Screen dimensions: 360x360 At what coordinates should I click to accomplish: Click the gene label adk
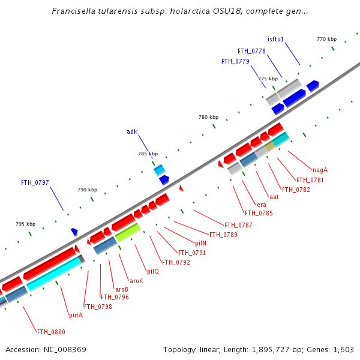pos(132,131)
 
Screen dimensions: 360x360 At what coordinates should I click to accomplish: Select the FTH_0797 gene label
pos(35,182)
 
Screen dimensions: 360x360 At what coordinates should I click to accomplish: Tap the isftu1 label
pos(275,40)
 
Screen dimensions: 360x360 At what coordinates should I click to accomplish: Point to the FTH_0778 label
pos(251,51)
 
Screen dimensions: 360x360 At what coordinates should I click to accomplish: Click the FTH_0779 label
pos(235,61)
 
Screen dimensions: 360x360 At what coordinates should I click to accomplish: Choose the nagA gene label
pos(320,170)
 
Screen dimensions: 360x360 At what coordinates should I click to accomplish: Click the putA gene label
pos(76,315)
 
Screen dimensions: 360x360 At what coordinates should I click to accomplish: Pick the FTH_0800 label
pos(51,332)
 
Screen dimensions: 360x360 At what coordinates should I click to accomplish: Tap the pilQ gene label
pos(153,271)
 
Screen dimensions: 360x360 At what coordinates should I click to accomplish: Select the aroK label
pos(137,281)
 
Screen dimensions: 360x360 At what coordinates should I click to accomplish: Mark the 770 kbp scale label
pos(326,39)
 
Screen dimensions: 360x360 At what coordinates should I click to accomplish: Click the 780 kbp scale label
pos(208,117)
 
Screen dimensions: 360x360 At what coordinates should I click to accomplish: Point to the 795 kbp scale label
pos(25,224)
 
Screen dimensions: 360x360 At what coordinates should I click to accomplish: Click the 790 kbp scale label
pos(87,190)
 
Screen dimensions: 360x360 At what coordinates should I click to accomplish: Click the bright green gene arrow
pos(128,232)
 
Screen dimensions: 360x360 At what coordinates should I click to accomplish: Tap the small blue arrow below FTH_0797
pos(74,232)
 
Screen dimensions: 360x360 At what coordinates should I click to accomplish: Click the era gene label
pos(262,205)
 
